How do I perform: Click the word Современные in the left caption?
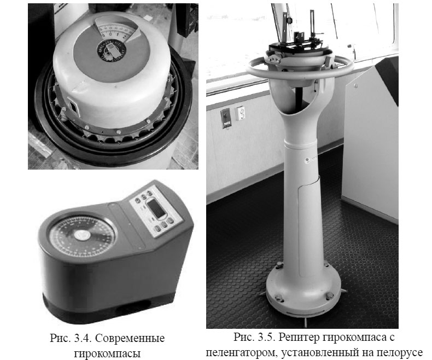point(130,338)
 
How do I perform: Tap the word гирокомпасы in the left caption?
point(107,353)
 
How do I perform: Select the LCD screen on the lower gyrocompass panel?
point(156,208)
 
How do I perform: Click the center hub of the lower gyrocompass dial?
point(81,235)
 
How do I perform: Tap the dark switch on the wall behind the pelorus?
point(226,118)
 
